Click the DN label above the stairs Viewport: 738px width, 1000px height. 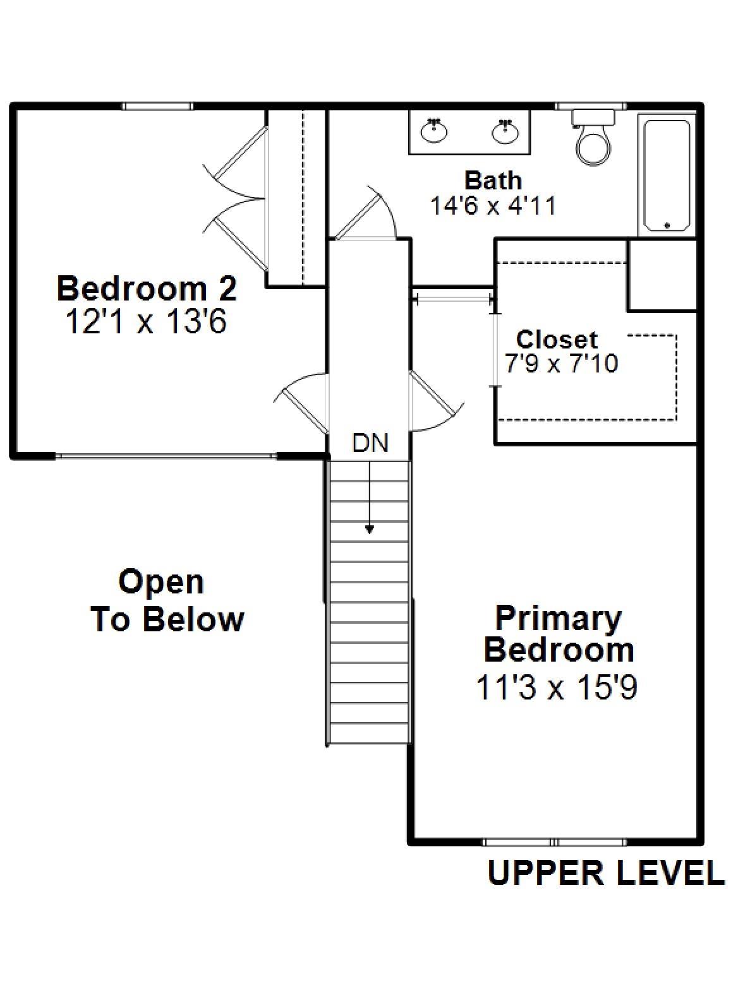point(370,443)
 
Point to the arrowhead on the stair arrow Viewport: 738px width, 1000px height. point(369,530)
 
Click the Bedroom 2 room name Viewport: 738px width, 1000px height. point(147,289)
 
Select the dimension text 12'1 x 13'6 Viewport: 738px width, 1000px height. point(146,323)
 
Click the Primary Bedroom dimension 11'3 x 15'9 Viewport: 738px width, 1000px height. point(555,687)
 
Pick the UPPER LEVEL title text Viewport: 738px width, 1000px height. point(605,873)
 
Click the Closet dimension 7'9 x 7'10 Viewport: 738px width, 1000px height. point(560,364)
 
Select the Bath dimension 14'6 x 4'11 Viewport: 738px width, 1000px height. point(493,206)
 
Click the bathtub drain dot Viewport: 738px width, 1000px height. point(667,225)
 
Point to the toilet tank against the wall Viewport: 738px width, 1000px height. point(593,117)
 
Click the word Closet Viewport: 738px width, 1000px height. point(557,340)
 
